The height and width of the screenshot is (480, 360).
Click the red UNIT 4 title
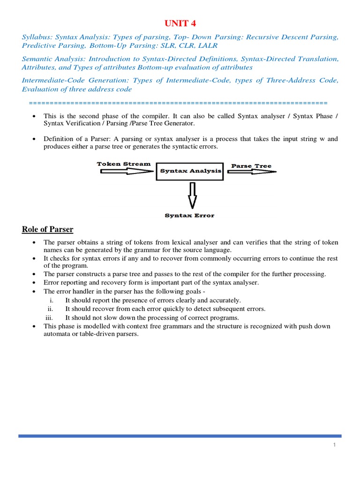pyautogui.click(x=180, y=23)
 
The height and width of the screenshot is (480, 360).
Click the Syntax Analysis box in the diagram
pyautogui.click(x=190, y=171)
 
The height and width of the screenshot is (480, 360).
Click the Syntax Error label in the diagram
pyautogui.click(x=189, y=216)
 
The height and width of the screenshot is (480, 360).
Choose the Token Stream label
pyautogui.click(x=124, y=164)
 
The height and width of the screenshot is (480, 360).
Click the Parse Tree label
pyautogui.click(x=251, y=166)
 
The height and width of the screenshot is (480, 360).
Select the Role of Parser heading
pyautogui.click(x=48, y=229)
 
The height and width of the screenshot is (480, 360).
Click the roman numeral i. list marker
pyautogui.click(x=51, y=300)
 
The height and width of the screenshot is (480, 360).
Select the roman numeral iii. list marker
pyautogui.click(x=49, y=317)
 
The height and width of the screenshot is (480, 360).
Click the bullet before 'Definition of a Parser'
pyautogui.click(x=34, y=139)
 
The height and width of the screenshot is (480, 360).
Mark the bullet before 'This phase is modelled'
pyautogui.click(x=34, y=326)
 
